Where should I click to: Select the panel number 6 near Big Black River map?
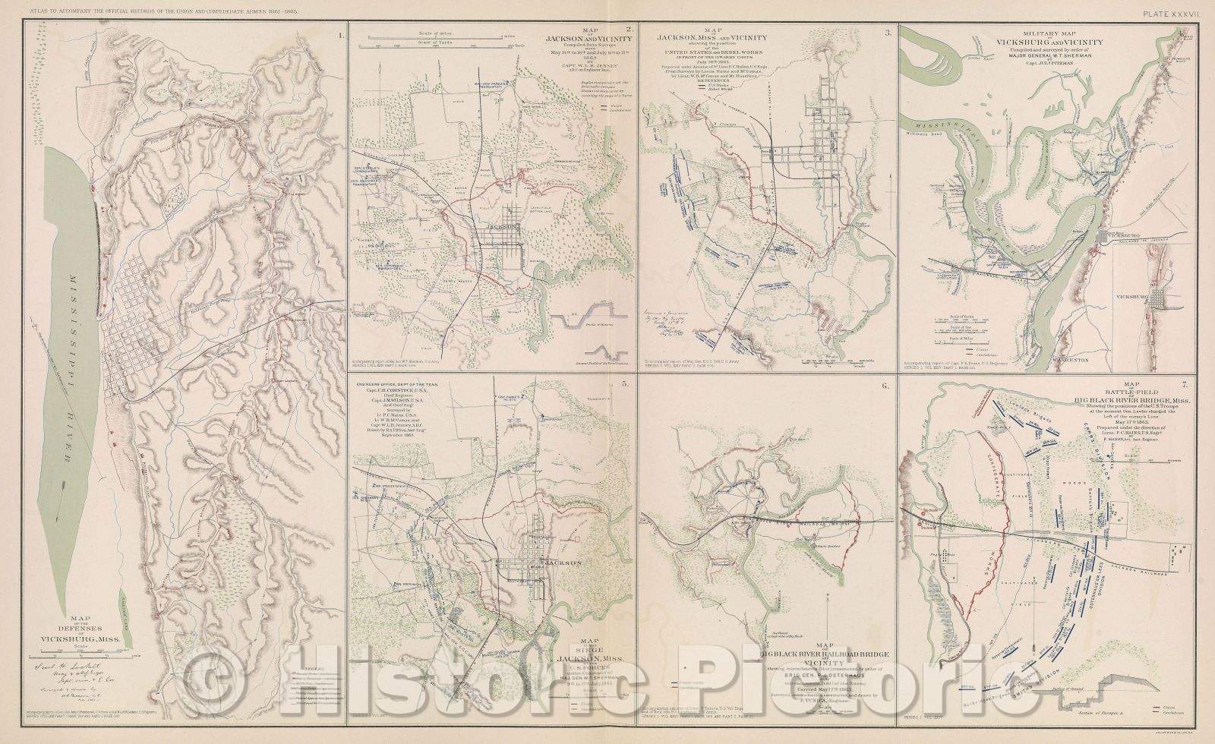click(x=885, y=386)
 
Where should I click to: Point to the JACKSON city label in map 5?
click(x=561, y=563)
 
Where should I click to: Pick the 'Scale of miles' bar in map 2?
click(x=440, y=38)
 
